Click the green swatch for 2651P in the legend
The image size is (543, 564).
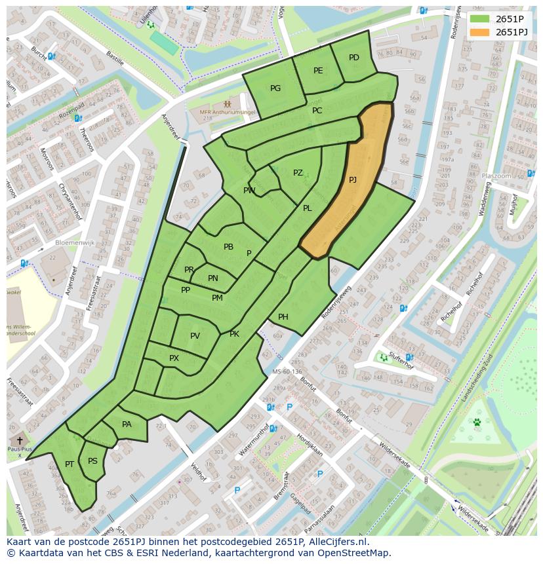[x=479, y=19]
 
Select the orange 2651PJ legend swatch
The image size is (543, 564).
[x=479, y=32]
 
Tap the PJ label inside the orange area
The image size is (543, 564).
[x=353, y=179]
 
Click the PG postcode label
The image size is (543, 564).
[x=275, y=88]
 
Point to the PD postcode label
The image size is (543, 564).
[x=354, y=58]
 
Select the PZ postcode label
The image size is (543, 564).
[x=298, y=173]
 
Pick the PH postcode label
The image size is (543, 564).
[x=283, y=317]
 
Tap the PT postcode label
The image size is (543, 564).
[x=70, y=464]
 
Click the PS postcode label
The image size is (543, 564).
[x=92, y=461]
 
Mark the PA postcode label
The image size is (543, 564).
[x=127, y=424]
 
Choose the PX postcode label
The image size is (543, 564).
[x=174, y=358]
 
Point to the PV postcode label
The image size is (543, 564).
[x=195, y=336]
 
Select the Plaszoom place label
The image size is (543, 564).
[x=496, y=176]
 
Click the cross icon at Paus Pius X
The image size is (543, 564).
[x=20, y=441]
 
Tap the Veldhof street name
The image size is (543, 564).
[x=198, y=471]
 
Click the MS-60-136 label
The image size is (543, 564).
[x=287, y=372]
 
